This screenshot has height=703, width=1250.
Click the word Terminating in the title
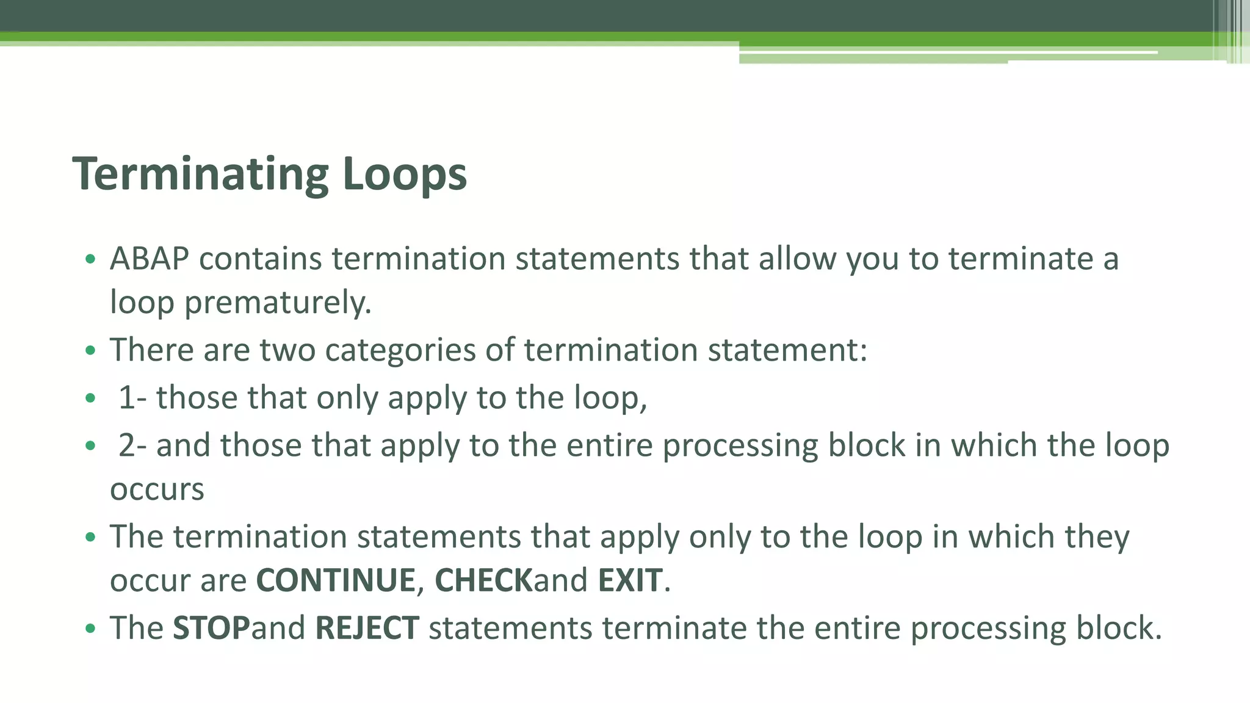(201, 175)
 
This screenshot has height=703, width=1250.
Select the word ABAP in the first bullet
(150, 259)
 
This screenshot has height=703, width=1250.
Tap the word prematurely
(278, 303)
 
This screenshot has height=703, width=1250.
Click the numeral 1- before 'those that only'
(132, 398)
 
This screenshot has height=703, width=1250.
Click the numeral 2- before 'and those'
(132, 445)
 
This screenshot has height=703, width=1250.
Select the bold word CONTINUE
(336, 580)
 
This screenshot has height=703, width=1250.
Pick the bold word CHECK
(483, 580)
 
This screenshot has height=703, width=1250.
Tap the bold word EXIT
(630, 580)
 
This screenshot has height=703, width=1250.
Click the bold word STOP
(211, 629)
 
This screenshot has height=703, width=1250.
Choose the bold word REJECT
(367, 629)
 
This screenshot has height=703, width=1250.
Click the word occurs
(157, 490)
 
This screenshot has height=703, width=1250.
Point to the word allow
(797, 259)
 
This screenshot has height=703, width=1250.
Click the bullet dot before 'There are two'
(91, 351)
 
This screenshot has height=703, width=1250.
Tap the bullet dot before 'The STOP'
(91, 629)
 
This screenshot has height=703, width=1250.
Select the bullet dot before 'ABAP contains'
(91, 259)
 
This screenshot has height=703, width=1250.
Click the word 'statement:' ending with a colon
(787, 350)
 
